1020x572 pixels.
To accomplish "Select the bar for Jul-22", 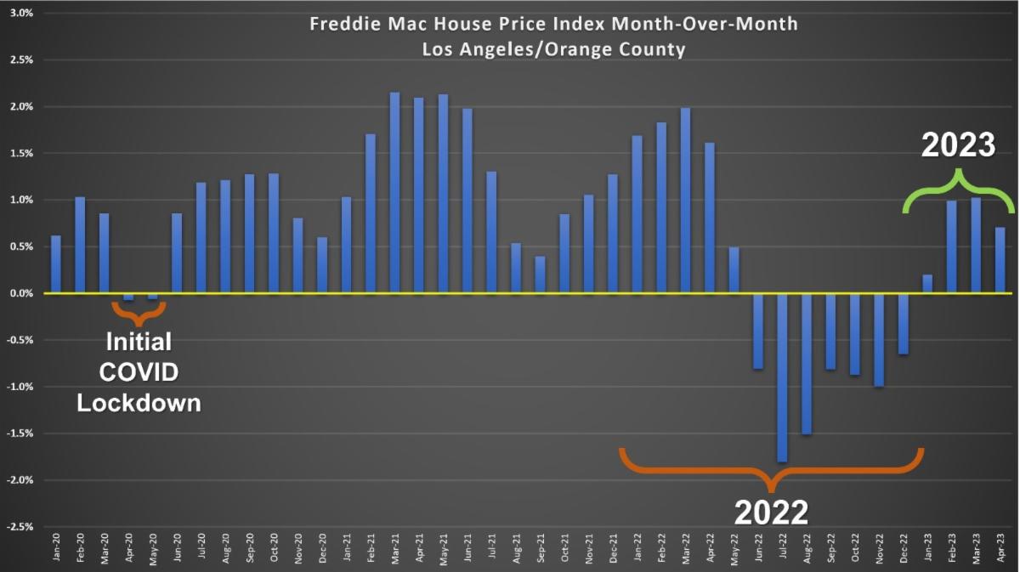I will pos(782,377).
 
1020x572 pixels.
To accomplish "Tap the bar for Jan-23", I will pos(927,284).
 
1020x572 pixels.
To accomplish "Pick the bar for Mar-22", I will pos(685,201).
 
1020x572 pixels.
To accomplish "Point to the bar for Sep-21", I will pos(540,275).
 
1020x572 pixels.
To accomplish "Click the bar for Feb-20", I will pos(80,246).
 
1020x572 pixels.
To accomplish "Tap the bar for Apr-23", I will pos(1000,260).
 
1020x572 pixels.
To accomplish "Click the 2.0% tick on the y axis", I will pos(20,107).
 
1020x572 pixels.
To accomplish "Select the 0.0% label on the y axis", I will pos(20,293).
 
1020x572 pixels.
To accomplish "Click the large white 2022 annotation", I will pos(771,513).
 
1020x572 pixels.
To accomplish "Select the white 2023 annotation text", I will pos(959,144).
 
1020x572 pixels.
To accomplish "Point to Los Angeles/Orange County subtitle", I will pos(553,49).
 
